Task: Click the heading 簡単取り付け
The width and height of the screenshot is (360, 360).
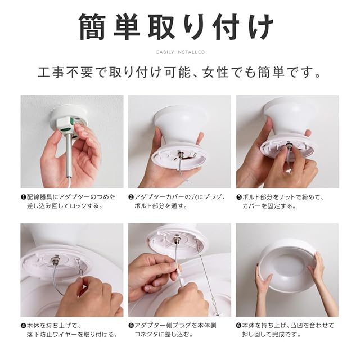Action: pyautogui.click(x=176, y=27)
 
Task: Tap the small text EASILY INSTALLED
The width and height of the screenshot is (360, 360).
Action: pyautogui.click(x=181, y=52)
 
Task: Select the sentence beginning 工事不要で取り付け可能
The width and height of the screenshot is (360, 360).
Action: pyautogui.click(x=179, y=72)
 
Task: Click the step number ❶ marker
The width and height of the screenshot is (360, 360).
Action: pyautogui.click(x=23, y=197)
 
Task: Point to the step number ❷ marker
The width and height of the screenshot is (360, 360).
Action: pyautogui.click(x=131, y=197)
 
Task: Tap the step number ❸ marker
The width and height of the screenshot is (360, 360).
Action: pyautogui.click(x=239, y=197)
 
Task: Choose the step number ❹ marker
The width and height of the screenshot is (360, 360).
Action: pyautogui.click(x=23, y=326)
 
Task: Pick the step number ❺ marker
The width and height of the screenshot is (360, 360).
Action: pyautogui.click(x=131, y=326)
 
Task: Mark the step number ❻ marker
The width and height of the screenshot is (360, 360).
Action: pyautogui.click(x=238, y=326)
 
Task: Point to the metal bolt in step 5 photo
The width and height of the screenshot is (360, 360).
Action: pyautogui.click(x=177, y=239)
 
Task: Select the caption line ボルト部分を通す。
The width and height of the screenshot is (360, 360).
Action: pyautogui.click(x=161, y=206)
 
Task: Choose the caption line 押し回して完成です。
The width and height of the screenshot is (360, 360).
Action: pyautogui.click(x=272, y=335)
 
